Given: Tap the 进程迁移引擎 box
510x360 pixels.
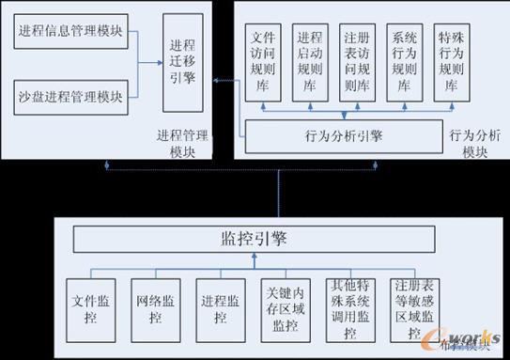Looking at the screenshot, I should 183,61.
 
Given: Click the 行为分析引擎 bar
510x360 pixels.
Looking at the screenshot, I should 344,135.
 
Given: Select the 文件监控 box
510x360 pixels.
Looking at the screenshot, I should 92,307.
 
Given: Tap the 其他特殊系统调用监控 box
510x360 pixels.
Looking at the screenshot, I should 350,307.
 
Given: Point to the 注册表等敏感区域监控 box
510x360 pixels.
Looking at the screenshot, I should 414,307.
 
